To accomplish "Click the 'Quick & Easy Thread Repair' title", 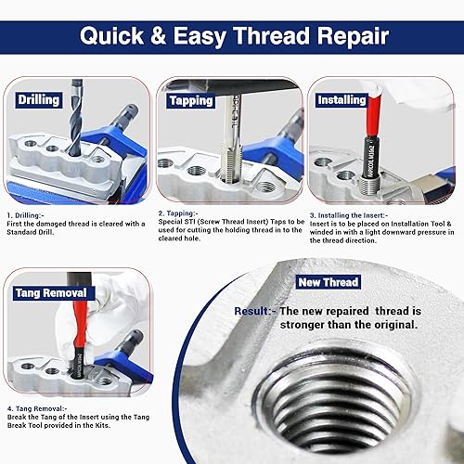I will coord(232,36).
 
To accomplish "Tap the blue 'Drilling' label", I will coord(38,99).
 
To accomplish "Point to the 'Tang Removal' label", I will coord(52,294).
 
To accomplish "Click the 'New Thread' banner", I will coord(329,282).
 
